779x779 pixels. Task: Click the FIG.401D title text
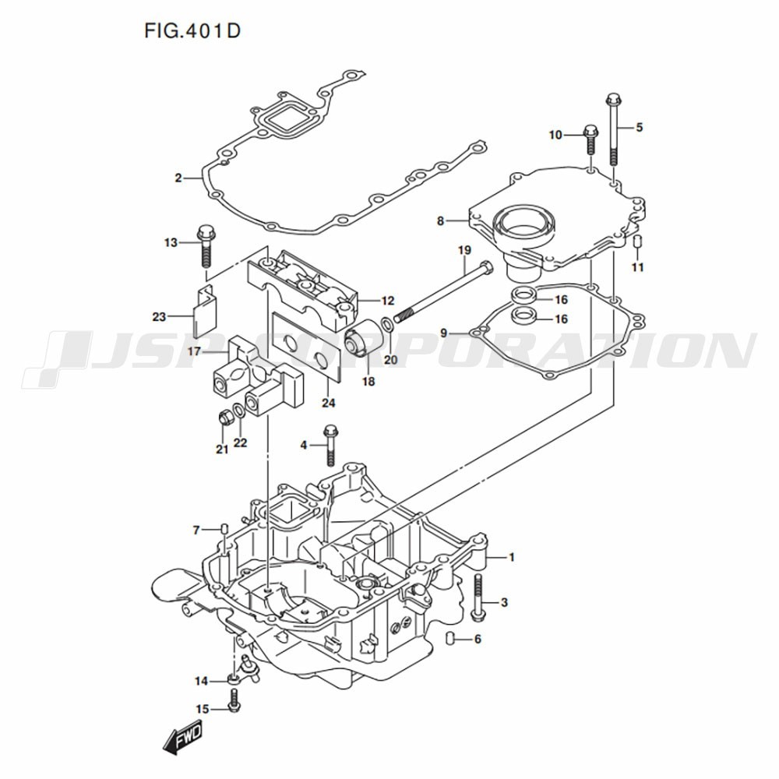click(x=192, y=32)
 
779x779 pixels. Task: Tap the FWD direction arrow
click(x=182, y=737)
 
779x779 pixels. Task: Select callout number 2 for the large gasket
click(x=178, y=178)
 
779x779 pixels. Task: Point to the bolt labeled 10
click(x=590, y=141)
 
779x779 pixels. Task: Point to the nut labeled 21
click(x=224, y=418)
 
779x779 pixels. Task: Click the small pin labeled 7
click(x=223, y=530)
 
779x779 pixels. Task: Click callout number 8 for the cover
click(x=440, y=221)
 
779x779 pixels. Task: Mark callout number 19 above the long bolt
click(x=464, y=250)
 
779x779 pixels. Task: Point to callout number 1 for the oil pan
click(x=512, y=557)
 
